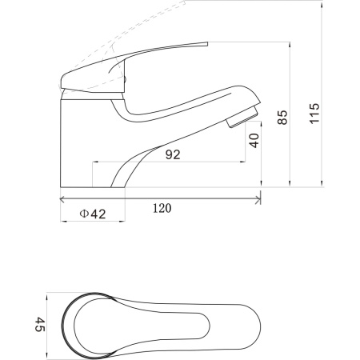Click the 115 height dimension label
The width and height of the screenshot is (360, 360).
point(314,113)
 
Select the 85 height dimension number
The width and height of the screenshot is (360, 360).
point(282,118)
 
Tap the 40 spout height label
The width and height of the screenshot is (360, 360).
point(254,141)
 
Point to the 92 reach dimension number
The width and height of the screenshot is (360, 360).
point(173,154)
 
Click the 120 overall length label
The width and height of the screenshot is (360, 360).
point(162,208)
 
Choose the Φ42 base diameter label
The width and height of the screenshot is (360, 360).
point(93,214)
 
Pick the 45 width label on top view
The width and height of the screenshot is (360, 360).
point(40,324)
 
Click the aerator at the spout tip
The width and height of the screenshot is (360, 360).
point(242,118)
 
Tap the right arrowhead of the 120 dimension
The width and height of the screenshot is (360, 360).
point(258,199)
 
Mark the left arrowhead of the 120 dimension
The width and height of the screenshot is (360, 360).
point(63,199)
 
